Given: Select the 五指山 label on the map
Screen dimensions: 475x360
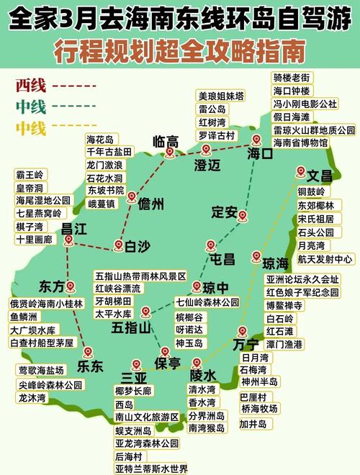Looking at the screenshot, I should pos(131,327).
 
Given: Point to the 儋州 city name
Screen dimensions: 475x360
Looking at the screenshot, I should pos(150,202).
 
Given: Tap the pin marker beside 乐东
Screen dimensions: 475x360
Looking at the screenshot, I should pos(88,352).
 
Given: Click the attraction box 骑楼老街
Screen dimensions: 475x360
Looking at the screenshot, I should pos(291,78).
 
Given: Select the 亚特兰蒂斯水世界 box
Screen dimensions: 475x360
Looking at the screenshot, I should pos(151,469).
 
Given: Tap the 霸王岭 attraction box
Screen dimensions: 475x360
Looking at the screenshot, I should pos(30,175).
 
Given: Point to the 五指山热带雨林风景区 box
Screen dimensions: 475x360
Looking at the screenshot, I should pos(140,276).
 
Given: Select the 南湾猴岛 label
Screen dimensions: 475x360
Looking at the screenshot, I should pos(207,428).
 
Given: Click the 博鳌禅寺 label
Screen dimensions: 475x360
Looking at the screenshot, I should pos(284,305).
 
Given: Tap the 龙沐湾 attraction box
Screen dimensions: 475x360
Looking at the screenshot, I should pos(32,397).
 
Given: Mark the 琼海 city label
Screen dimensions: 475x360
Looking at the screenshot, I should pos(275,263).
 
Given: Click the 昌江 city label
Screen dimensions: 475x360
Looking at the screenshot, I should pos(74,229).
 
